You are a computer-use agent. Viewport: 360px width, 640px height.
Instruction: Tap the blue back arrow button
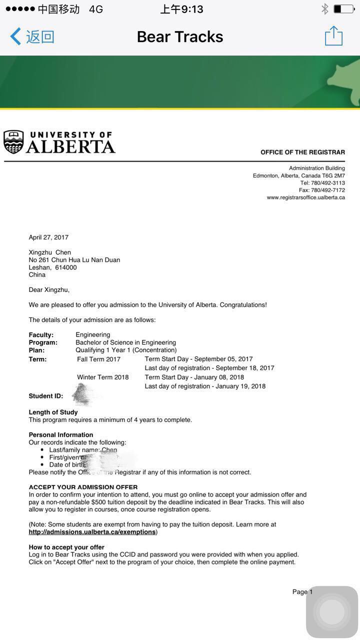coord(16,36)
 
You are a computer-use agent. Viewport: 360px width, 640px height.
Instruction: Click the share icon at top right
coord(333,36)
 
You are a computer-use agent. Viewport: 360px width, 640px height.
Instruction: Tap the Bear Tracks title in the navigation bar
coord(180,36)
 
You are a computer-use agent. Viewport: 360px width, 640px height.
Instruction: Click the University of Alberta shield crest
coord(13,142)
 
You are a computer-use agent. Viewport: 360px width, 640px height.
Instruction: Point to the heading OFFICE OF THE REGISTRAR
coord(302,152)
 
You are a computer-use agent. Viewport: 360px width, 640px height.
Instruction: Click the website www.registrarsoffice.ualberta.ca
coord(305,197)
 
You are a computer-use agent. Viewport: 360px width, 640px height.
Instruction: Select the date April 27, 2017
coord(48,237)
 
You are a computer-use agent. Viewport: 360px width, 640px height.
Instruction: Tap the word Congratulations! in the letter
coord(243,305)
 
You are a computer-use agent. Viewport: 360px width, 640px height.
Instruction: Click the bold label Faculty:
coord(41,335)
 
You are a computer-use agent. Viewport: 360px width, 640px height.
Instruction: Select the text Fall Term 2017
coord(99,359)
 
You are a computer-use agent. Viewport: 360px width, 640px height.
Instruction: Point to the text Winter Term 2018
coord(103,377)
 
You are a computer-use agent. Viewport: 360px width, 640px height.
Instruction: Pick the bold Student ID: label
coord(46,396)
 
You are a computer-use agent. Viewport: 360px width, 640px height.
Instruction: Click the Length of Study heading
coord(53,412)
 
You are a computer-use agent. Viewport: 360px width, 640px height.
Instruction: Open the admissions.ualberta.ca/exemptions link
coord(92,532)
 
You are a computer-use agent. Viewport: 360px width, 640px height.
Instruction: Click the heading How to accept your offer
coord(66,547)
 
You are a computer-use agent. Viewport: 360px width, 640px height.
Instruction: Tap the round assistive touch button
coord(332,612)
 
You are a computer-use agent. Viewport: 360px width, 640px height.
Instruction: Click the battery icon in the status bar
coord(343,9)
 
